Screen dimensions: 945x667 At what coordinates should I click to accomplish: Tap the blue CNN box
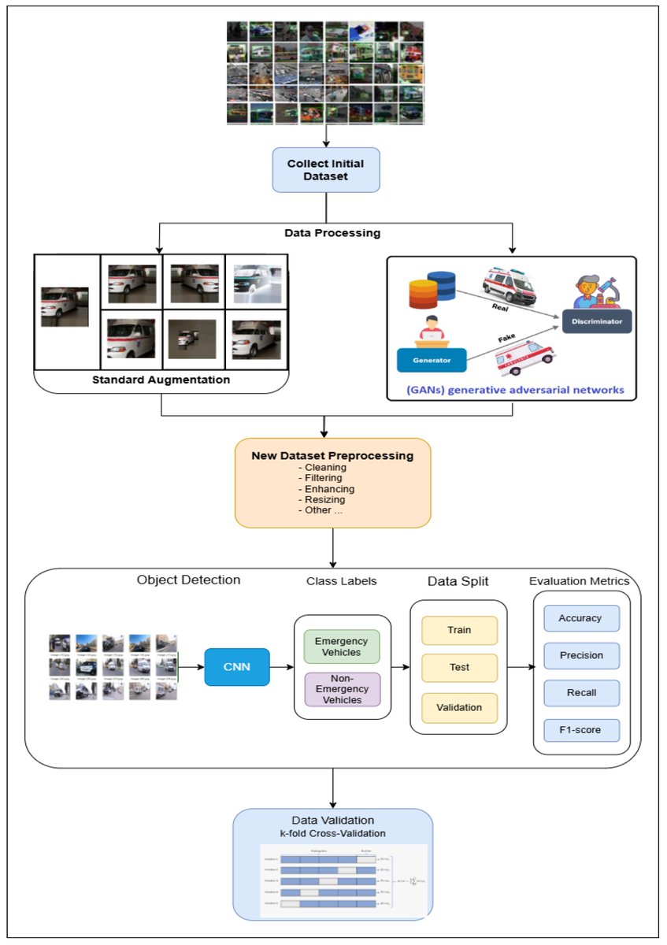click(237, 666)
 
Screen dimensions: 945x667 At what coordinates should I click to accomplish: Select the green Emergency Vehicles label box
click(341, 647)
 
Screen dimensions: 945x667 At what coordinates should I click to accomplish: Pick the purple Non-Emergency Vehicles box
click(341, 689)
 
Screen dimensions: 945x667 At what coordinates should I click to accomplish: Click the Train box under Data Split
click(459, 630)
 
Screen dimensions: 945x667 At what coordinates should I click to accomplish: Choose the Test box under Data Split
click(459, 667)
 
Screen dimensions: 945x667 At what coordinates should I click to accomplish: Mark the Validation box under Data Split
click(459, 706)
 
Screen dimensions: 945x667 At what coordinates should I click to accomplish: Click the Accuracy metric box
click(580, 618)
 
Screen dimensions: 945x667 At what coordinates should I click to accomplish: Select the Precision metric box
click(580, 655)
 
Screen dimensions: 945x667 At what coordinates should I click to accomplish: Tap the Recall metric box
click(580, 692)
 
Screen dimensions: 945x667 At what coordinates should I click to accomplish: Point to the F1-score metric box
click(580, 730)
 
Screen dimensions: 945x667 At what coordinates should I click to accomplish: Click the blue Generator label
click(432, 360)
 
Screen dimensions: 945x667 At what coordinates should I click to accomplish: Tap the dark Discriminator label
click(596, 321)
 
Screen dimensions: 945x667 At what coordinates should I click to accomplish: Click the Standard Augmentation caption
click(161, 380)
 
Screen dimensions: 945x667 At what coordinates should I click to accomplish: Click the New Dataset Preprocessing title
click(332, 455)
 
